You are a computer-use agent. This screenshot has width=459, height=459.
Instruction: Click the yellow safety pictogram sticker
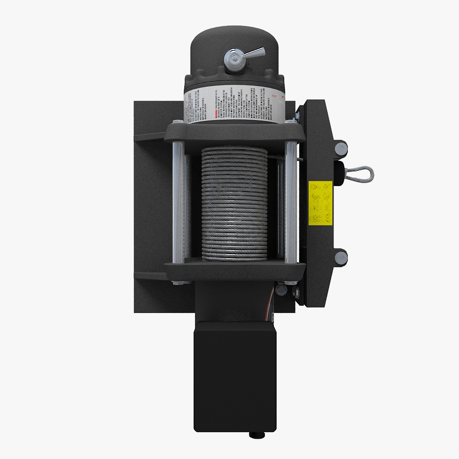coord(320,203)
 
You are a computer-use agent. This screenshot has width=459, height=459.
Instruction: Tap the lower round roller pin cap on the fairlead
coord(341,257)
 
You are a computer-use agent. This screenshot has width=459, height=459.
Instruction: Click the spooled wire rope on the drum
coord(234,204)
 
